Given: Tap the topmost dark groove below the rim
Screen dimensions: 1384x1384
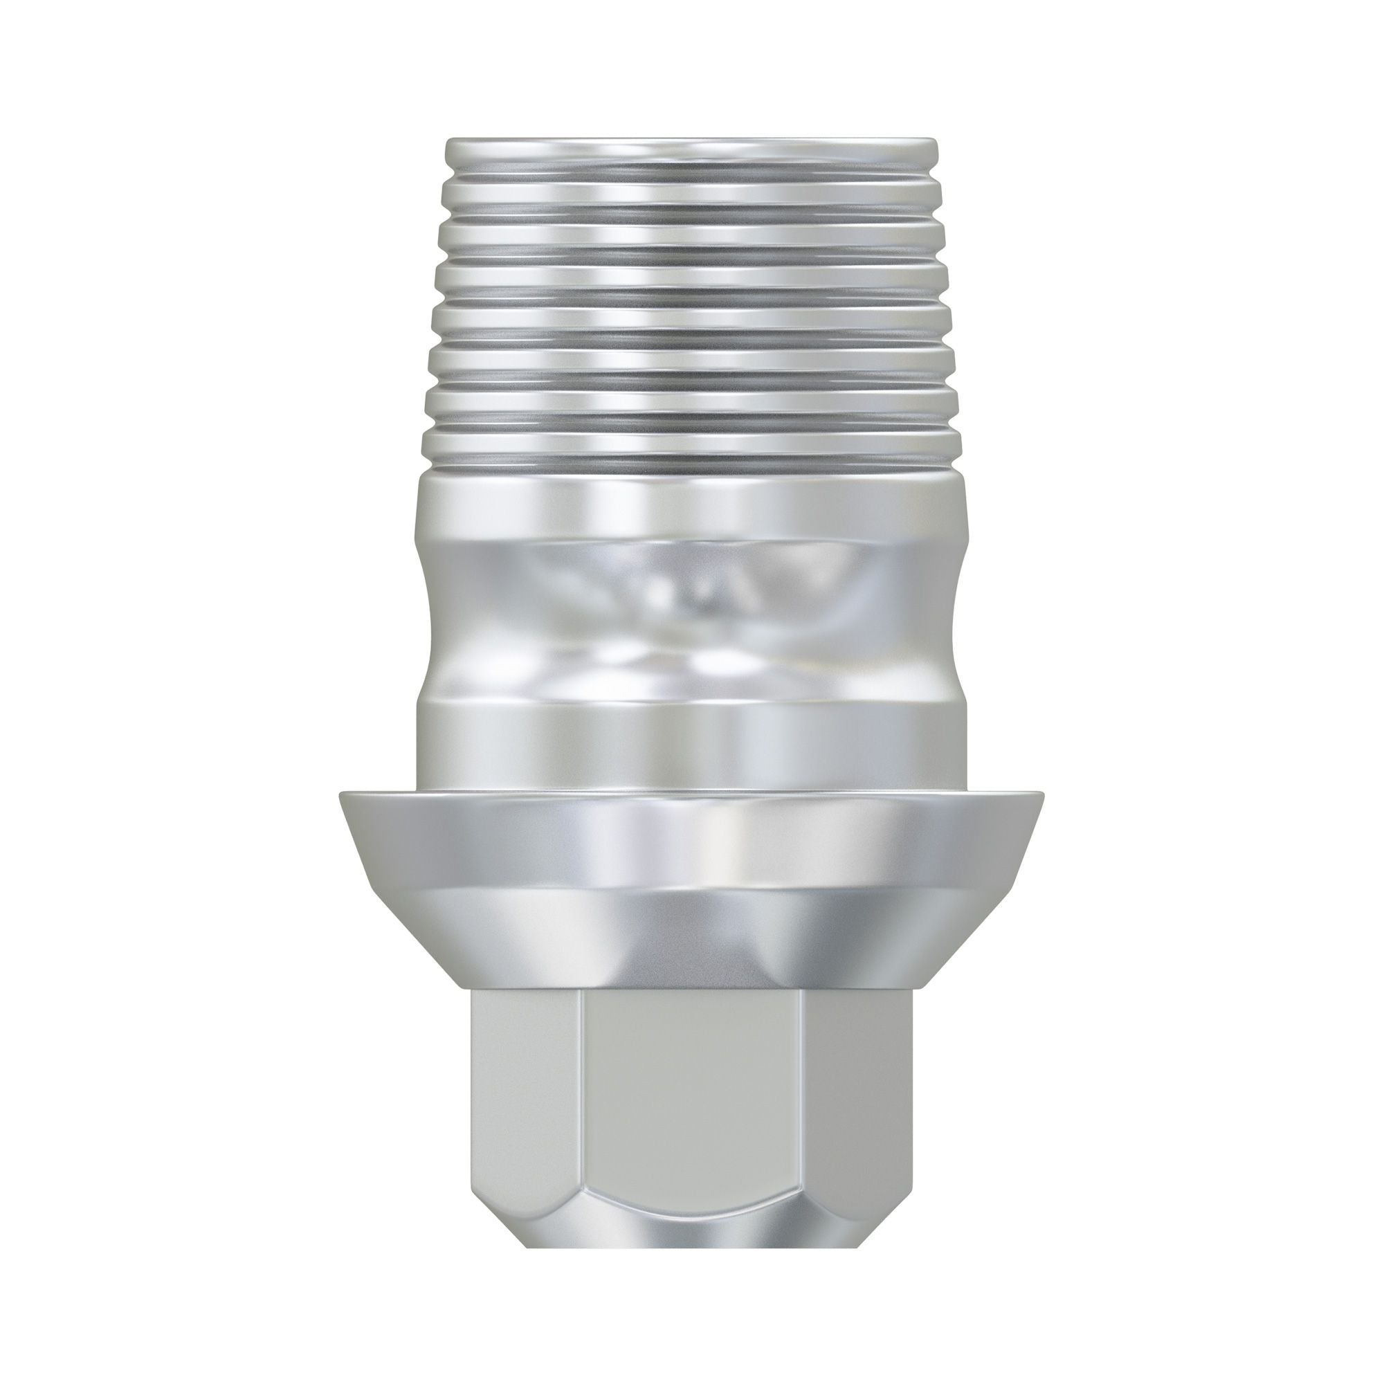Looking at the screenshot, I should click(x=688, y=169).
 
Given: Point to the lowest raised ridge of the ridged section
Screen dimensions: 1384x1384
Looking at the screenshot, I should click(x=688, y=448).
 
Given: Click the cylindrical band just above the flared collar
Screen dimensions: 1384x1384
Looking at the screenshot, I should click(x=688, y=745).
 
